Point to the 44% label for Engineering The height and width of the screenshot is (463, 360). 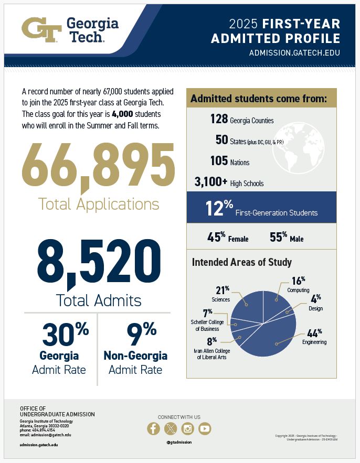click(313, 332)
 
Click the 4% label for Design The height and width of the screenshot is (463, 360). click(315, 299)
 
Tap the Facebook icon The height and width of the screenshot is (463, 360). click(153, 429)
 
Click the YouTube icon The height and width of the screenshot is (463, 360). click(205, 429)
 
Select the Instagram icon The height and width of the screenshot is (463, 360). click(187, 429)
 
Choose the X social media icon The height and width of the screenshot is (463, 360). click(171, 429)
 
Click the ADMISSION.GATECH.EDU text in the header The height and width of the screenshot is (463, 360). click(294, 53)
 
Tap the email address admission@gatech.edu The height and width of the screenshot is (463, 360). click(45, 435)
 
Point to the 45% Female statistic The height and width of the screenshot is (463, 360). click(228, 238)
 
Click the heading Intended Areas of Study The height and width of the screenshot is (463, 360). click(241, 262)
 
